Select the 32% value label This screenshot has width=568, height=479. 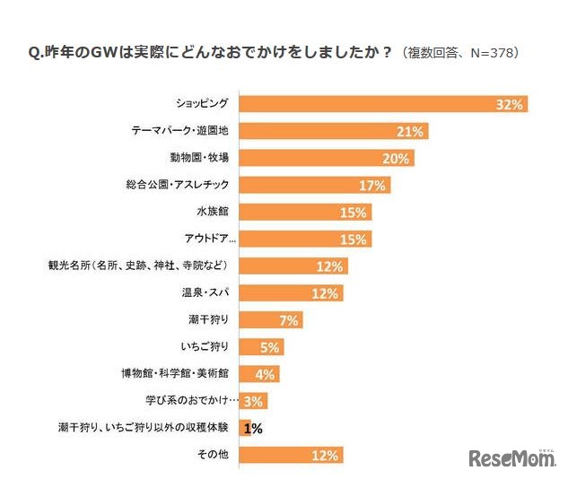[509, 105]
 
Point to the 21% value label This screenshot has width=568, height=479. [409, 132]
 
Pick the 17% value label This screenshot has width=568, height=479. [371, 186]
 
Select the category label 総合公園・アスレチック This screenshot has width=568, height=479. [179, 185]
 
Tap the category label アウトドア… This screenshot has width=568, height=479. [204, 239]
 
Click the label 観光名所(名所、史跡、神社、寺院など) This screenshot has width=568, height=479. [143, 266]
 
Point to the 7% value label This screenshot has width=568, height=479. [290, 320]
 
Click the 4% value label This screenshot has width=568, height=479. [266, 374]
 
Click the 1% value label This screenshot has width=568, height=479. [253, 429]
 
